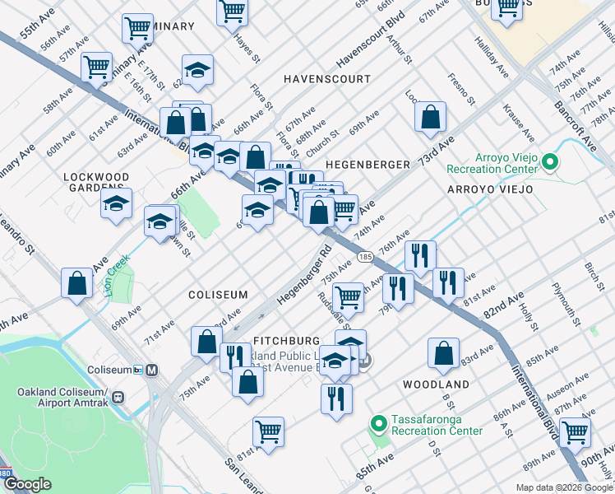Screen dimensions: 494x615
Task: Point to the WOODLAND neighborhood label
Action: coord(436,384)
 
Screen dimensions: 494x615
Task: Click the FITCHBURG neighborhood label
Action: coord(286,340)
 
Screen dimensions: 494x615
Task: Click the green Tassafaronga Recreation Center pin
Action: coord(378,425)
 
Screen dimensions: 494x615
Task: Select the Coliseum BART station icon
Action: coord(152,370)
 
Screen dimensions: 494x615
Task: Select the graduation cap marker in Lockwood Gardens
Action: coord(117,203)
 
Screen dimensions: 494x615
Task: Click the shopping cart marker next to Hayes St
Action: coord(233,11)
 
